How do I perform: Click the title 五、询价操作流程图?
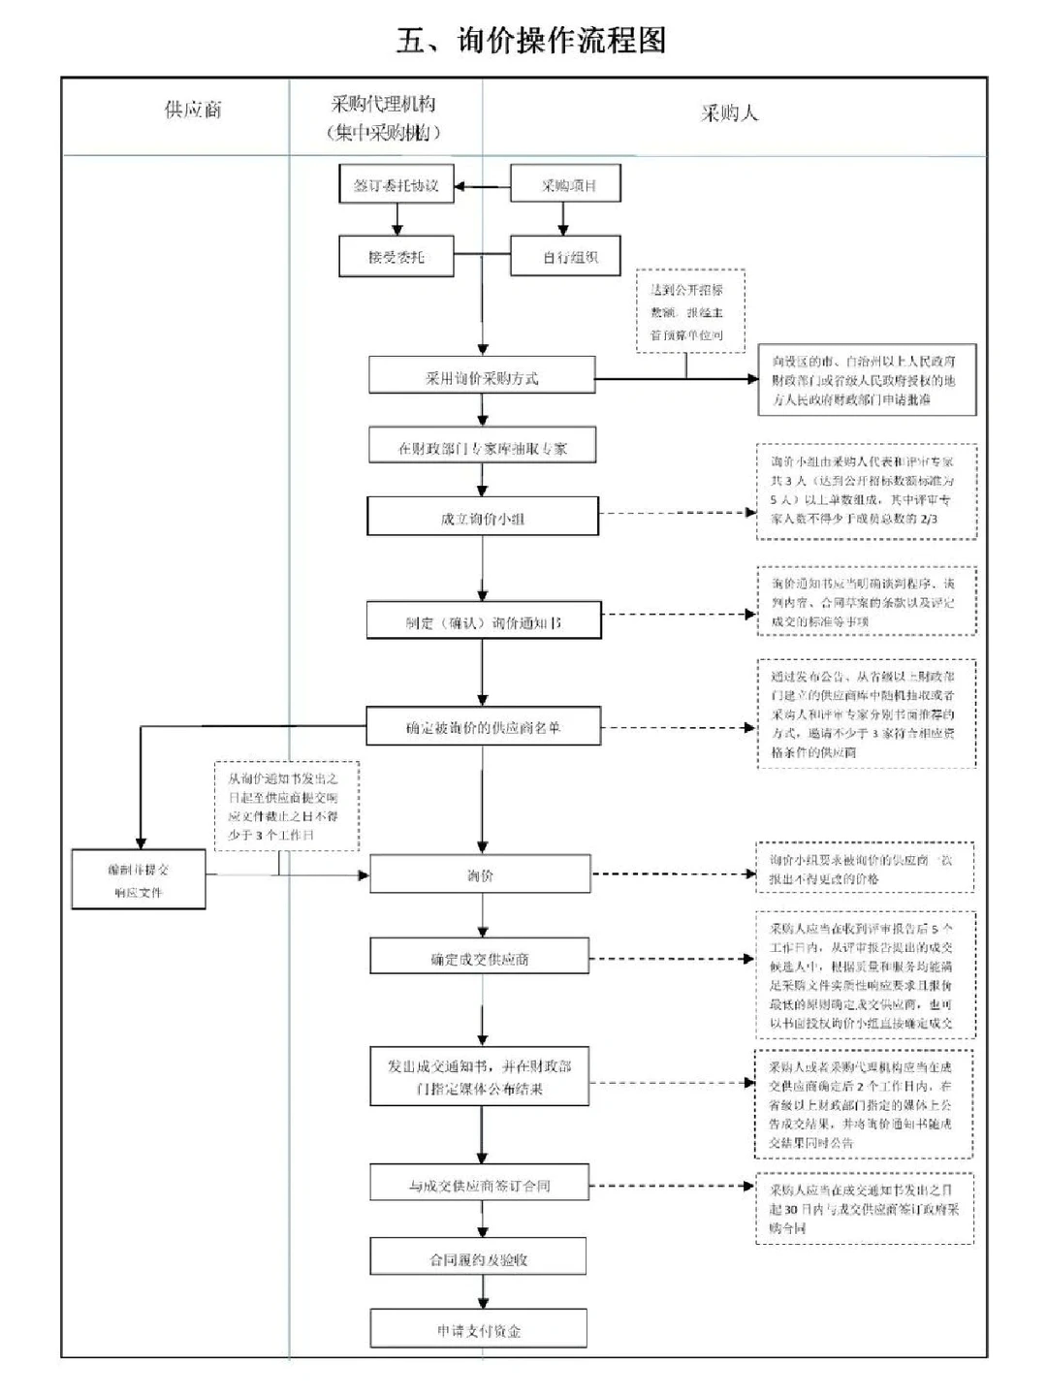531,41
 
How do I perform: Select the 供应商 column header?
193,110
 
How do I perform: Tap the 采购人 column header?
729,113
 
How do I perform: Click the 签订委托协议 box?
396,184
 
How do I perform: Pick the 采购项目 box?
566,184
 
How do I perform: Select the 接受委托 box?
396,258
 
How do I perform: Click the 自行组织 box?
566,258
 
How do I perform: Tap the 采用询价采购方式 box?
482,376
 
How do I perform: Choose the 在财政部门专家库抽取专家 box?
482,448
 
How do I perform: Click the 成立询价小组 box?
482,518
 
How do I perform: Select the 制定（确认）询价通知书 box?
483,621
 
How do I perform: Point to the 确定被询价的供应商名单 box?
483,726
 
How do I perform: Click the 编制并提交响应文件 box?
139,880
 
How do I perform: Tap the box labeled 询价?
480,874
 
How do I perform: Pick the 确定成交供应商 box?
480,958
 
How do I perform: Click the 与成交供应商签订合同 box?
479,1185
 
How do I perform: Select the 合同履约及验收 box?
478,1258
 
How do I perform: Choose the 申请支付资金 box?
478,1330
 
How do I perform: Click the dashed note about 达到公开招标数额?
686,311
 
